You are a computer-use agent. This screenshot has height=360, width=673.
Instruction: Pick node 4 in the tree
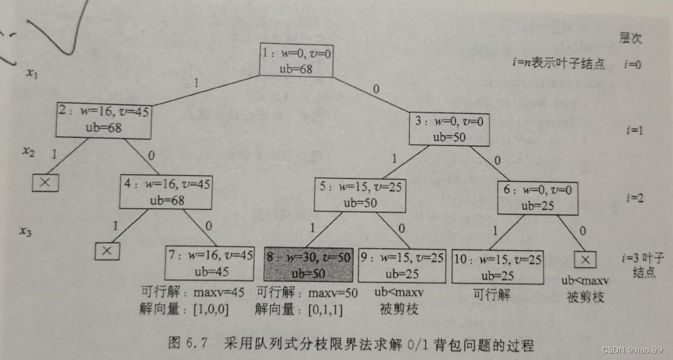165,191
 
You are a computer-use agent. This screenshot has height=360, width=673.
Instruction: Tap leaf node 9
402,265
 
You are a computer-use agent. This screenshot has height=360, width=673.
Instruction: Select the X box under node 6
586,259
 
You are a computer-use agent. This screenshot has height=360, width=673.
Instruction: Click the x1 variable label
32,74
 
